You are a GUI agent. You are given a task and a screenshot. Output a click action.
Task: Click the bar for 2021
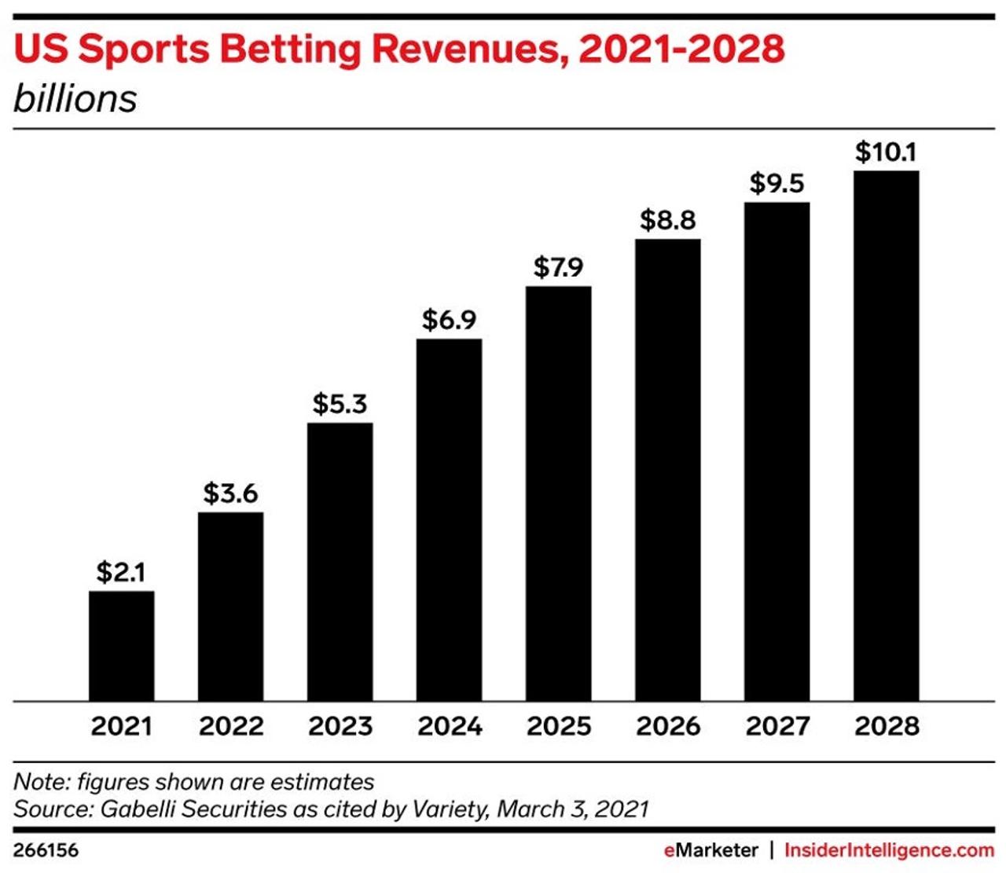(121, 645)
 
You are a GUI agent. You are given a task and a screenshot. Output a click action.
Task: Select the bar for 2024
(449, 519)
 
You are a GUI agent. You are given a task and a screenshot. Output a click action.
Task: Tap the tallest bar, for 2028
(886, 435)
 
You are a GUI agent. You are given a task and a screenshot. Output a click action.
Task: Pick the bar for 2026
(667, 469)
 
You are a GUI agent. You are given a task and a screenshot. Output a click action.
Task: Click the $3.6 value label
(230, 493)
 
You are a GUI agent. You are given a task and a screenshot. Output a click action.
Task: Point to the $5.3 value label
(340, 404)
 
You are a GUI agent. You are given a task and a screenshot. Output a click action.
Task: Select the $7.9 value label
(558, 267)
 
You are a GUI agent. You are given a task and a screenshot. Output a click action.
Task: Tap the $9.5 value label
(777, 183)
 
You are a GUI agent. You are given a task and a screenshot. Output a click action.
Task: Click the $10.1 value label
(886, 152)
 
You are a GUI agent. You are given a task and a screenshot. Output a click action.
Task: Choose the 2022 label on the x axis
(230, 726)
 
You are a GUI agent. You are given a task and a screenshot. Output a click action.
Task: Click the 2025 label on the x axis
(558, 726)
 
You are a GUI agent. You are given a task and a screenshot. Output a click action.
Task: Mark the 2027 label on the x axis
(777, 726)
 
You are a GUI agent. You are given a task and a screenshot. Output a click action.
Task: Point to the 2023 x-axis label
(340, 726)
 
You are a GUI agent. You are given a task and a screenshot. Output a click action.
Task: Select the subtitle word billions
(75, 99)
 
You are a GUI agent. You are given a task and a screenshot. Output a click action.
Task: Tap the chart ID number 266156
(46, 851)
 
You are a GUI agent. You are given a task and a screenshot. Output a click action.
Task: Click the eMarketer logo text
(710, 850)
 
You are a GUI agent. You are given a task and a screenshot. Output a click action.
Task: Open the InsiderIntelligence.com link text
(889, 850)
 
